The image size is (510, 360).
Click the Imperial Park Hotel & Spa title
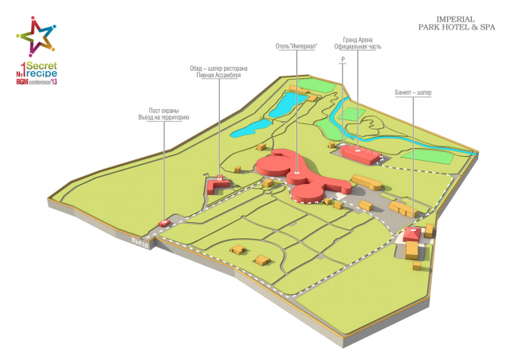[457, 23]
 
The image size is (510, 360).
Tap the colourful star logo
[36, 37]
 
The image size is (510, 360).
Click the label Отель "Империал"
[296, 46]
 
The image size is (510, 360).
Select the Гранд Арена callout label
[358, 43]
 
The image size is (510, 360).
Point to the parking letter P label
[343, 60]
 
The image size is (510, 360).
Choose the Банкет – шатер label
[413, 92]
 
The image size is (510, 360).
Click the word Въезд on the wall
[141, 243]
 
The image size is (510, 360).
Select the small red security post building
[165, 223]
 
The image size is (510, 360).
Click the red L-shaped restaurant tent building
[216, 186]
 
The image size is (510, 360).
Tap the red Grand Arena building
[361, 154]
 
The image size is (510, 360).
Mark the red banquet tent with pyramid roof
[412, 234]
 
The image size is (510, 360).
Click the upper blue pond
[287, 104]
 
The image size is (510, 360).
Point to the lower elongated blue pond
[251, 128]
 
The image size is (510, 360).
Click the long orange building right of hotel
[367, 182]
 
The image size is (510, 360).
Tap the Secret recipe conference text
[37, 73]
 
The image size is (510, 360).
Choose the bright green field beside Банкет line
[428, 157]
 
